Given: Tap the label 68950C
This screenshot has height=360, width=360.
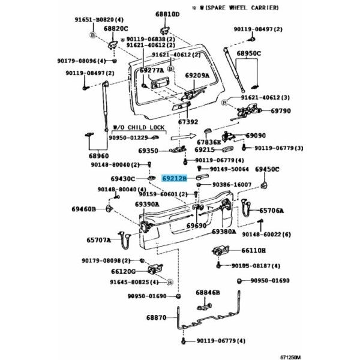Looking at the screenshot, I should [248, 53].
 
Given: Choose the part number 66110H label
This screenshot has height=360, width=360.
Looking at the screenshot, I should [253, 250].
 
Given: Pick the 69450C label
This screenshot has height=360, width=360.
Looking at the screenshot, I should [268, 170].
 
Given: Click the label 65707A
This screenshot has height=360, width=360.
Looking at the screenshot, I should [99, 240].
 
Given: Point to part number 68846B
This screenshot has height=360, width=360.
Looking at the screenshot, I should [208, 292].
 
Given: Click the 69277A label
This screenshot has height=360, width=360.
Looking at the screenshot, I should [151, 70].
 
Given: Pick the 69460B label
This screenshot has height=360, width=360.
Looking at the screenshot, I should [83, 209].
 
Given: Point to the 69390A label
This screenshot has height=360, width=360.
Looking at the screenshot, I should [147, 204].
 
